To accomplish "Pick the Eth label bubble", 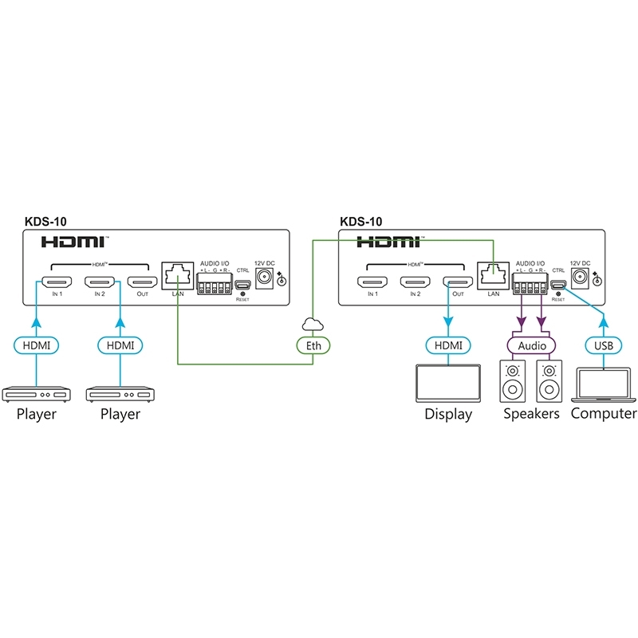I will (x=313, y=346).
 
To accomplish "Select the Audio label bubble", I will (x=534, y=346).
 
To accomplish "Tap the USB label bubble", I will (x=605, y=346).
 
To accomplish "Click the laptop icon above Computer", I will (x=604, y=384).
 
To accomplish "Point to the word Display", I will (x=448, y=415).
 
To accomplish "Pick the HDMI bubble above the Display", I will (x=448, y=346).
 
